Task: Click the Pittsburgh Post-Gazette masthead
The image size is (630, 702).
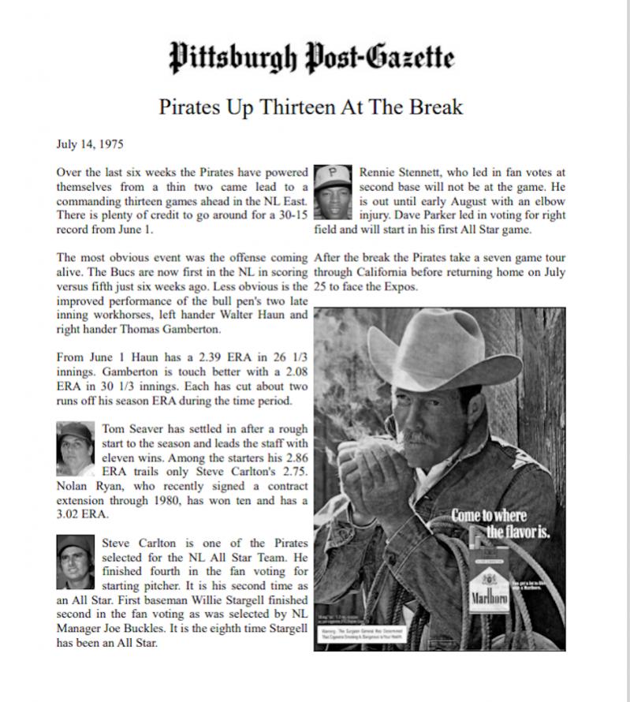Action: [x=312, y=57]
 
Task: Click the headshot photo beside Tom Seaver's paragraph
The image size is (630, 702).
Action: [x=76, y=443]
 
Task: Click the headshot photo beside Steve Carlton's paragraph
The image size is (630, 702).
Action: [x=76, y=562]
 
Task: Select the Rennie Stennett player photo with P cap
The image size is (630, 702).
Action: [x=332, y=192]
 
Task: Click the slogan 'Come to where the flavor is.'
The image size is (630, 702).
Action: [x=500, y=524]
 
